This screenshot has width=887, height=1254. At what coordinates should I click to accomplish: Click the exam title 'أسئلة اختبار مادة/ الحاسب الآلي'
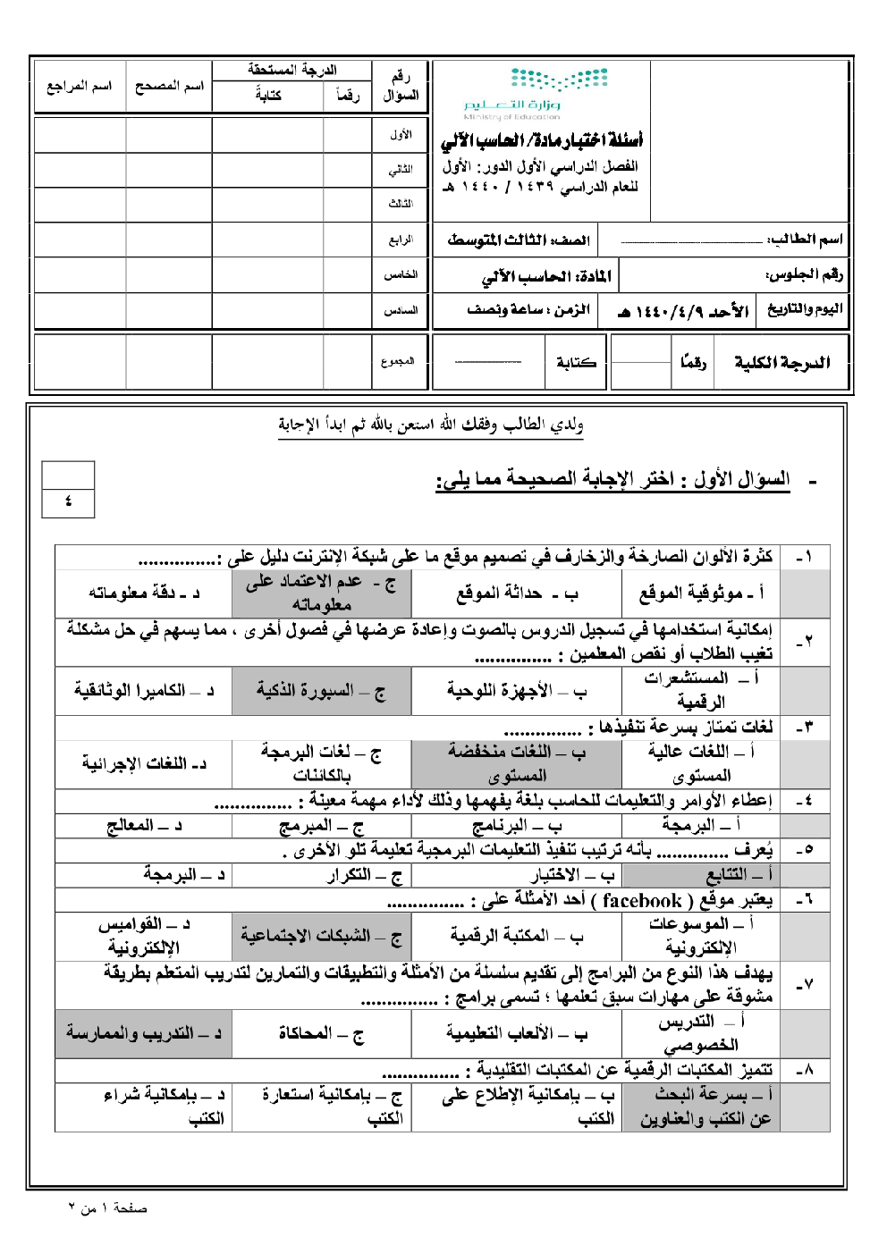[542, 140]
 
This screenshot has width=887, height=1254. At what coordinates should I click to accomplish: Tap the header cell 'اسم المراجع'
[80, 87]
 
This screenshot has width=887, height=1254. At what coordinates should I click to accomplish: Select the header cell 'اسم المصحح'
[169, 87]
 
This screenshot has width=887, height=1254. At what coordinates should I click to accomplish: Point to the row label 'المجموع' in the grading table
[398, 361]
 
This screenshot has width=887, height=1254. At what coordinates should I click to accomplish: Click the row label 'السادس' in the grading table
[400, 310]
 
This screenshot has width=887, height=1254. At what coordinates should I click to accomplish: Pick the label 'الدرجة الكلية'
[781, 362]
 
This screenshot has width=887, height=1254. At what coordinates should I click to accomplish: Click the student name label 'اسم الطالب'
[806, 239]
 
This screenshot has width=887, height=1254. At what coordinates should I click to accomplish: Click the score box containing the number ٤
[68, 501]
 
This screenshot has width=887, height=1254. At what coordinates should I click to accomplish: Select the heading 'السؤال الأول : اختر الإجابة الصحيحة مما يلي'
[613, 480]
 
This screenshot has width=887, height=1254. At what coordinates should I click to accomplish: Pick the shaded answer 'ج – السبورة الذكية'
[321, 691]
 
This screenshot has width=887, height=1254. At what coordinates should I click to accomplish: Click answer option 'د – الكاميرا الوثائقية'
[144, 691]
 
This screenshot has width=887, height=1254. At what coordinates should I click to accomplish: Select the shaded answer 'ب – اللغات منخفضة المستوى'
[516, 763]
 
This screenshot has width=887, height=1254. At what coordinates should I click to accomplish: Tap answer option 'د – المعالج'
[143, 825]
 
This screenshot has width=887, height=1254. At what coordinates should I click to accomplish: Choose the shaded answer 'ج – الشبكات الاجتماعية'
[321, 936]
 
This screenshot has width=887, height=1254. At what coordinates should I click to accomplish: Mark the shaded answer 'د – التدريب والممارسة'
[143, 1033]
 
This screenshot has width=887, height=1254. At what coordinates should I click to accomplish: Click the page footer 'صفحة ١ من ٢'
[107, 1208]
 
